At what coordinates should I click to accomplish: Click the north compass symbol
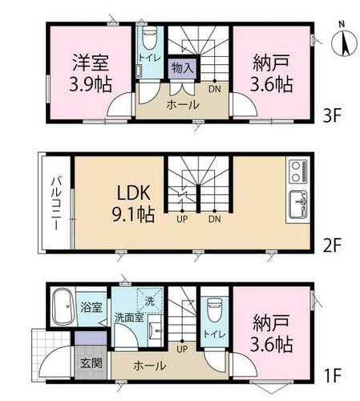point(344,43)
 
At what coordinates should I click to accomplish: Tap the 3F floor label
point(332,115)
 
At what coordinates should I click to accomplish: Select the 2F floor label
point(332,245)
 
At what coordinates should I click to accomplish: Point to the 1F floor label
point(332,375)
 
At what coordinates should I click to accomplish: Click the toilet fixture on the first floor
point(215,310)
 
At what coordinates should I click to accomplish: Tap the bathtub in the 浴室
point(63,306)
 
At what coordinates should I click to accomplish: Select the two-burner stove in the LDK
point(297,172)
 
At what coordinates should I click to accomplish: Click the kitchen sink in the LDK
point(297,205)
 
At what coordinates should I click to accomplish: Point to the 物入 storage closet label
point(183,68)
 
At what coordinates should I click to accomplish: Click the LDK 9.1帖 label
point(133,204)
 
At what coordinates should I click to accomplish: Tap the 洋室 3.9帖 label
point(91,73)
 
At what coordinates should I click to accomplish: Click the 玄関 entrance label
point(91,363)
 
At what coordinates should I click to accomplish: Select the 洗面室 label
point(129,318)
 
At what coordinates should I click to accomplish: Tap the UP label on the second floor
point(182,219)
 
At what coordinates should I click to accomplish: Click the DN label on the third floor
point(215,89)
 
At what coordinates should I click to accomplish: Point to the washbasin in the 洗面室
point(155,330)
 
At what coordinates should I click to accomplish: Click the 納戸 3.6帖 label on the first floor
point(271,334)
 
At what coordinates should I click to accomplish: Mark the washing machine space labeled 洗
point(150,300)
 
